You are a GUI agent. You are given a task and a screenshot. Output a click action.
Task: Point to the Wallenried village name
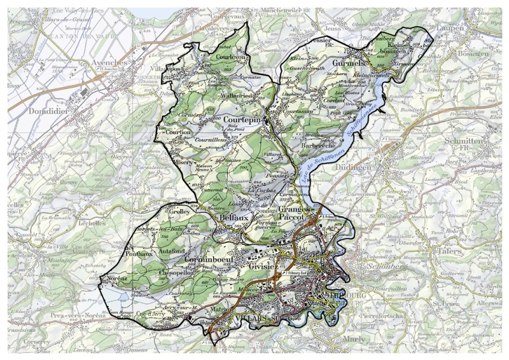(x=238, y=96)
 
